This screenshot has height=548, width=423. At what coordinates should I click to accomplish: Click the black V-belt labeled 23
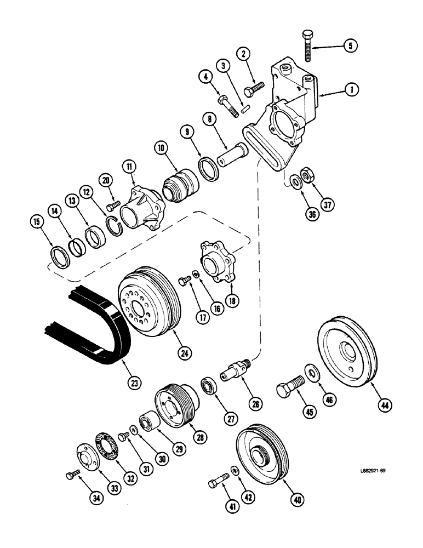pyautogui.click(x=82, y=329)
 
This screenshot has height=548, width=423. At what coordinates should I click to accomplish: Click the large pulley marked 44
pyautogui.click(x=347, y=354)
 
